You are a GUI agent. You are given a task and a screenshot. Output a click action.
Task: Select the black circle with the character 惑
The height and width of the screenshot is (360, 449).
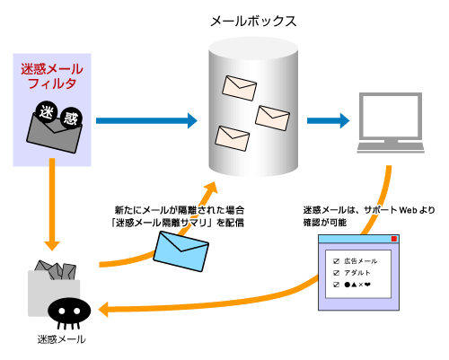pos(69,118)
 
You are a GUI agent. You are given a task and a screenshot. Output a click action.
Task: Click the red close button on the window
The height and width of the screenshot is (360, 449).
pos(392,238)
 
